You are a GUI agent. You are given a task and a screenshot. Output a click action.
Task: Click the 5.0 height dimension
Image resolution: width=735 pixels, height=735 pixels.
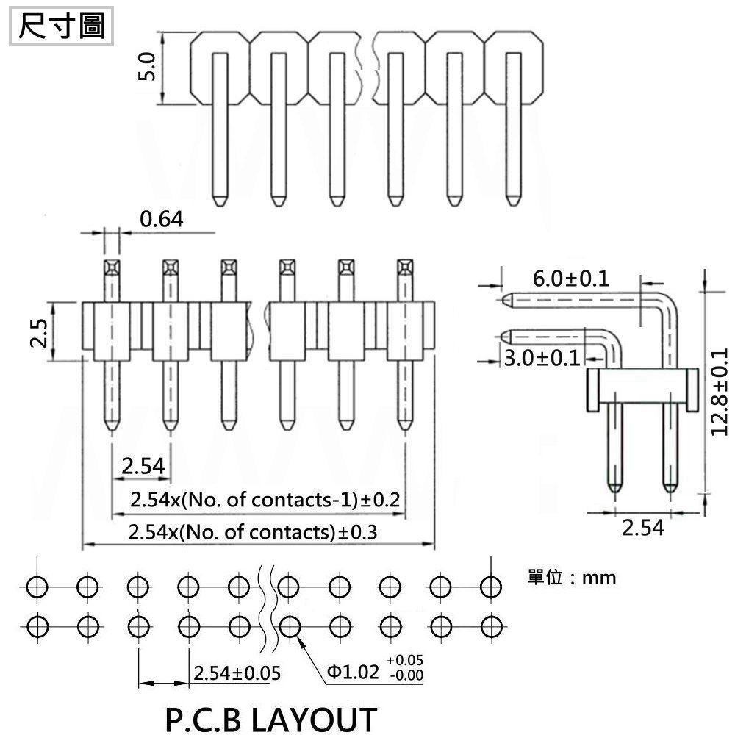[149, 68]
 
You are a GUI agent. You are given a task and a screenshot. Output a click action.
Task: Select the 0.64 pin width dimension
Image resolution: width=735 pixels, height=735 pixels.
[160, 218]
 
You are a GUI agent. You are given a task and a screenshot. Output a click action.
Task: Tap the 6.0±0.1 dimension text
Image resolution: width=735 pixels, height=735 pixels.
[570, 279]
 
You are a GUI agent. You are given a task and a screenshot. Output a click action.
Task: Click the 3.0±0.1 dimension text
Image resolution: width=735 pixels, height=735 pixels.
[541, 358]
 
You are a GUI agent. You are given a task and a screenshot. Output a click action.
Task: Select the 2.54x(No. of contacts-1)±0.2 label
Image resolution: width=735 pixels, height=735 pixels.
[265, 501]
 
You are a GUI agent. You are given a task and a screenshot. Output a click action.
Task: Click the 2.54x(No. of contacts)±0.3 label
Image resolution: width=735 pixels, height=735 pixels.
[252, 532]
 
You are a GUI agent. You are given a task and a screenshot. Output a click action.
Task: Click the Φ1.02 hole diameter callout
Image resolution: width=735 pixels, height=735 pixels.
[352, 672]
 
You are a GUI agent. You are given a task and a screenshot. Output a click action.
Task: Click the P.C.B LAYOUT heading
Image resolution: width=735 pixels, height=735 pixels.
[270, 718]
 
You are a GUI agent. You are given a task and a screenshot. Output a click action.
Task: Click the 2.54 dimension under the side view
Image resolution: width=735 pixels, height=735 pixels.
[642, 527]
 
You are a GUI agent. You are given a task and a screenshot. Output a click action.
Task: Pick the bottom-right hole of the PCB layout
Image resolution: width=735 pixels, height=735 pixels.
[490, 626]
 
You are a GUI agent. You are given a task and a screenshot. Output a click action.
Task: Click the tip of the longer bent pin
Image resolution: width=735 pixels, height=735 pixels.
[506, 300]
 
